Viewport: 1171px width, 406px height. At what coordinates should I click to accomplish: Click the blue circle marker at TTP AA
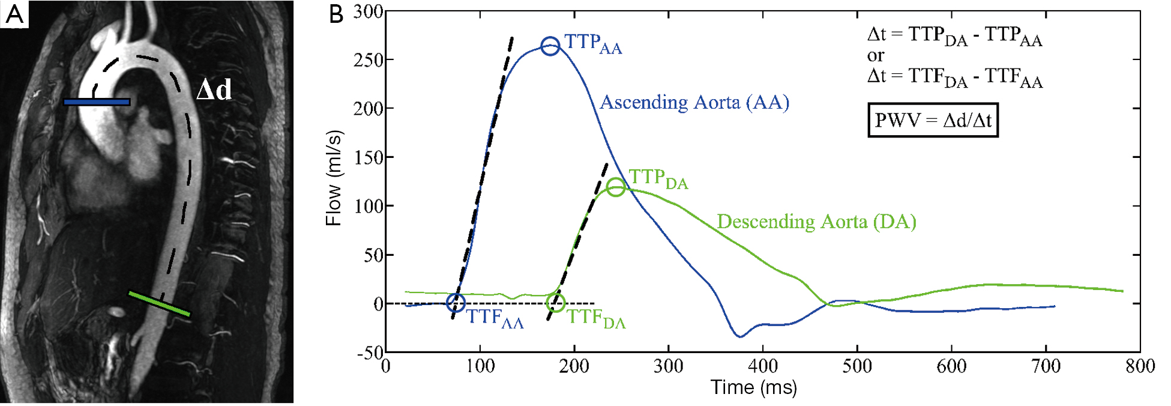coord(550,46)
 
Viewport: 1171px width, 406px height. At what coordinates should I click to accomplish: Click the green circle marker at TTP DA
coord(616,187)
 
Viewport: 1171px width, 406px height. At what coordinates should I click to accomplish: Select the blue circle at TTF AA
coord(456,303)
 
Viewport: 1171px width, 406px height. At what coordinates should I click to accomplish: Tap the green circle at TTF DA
coord(556,303)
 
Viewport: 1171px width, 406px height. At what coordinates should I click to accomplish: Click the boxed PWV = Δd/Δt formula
coord(933,120)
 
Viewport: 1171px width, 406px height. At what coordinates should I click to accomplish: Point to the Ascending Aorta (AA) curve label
coord(694,102)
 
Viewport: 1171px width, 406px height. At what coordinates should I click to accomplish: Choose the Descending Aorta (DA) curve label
coord(816,222)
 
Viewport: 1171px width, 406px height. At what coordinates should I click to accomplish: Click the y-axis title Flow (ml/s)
coord(334,178)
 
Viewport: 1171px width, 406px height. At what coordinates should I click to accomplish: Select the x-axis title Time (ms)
coord(753,387)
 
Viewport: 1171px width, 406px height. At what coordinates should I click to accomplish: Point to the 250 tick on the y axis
coord(369,59)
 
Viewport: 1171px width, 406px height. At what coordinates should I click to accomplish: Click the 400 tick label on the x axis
coord(762,366)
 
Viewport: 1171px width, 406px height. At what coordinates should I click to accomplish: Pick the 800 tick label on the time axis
coord(1140,366)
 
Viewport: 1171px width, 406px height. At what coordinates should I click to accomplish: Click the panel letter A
coord(14,14)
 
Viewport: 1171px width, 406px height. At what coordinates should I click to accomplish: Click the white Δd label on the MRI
coord(214,90)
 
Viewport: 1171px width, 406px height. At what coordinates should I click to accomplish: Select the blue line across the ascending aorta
coord(97,102)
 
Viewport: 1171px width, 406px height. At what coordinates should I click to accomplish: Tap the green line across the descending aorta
coord(160,303)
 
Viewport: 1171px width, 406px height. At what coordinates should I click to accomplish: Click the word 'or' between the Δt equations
coord(875,56)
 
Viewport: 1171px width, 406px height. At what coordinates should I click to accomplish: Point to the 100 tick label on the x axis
coord(480,366)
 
